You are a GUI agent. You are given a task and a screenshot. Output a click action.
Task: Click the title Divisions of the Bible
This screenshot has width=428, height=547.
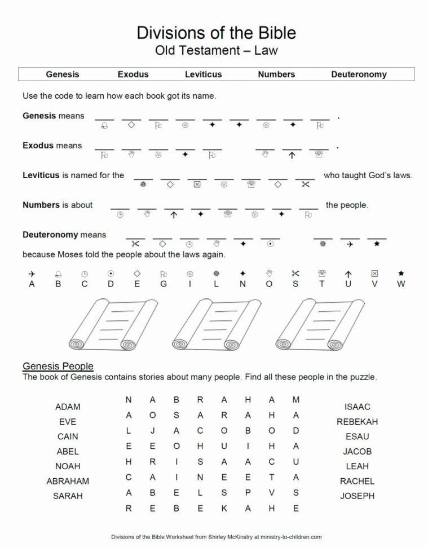(x=216, y=33)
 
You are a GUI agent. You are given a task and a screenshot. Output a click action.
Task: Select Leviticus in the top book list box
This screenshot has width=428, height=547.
(x=203, y=74)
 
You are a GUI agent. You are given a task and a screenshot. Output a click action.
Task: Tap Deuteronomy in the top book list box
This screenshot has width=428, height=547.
(x=359, y=74)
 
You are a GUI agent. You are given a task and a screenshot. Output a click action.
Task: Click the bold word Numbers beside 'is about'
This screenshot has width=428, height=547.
(x=41, y=205)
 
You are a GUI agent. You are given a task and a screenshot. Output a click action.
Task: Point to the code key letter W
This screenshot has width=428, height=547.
(x=401, y=284)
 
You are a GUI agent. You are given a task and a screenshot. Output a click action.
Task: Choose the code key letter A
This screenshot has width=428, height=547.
(x=32, y=284)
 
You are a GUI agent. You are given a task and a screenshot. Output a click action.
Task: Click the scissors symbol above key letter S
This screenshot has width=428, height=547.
(x=295, y=273)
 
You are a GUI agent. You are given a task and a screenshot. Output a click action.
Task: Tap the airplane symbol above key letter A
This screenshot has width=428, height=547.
(x=32, y=273)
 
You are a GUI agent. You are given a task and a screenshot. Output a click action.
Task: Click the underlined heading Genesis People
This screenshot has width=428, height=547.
(x=58, y=367)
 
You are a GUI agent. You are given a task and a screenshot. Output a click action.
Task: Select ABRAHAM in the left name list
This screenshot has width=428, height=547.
(x=68, y=481)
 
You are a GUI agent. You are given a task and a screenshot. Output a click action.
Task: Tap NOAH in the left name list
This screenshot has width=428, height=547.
(x=68, y=466)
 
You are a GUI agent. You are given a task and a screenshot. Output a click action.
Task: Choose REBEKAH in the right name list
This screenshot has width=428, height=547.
(x=357, y=421)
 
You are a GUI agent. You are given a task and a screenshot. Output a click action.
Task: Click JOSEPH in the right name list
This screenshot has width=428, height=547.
(x=357, y=496)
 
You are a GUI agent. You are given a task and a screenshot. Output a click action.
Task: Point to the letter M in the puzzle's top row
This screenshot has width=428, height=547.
(x=295, y=400)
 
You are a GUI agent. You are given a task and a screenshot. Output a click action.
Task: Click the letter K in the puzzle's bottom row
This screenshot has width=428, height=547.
(x=224, y=508)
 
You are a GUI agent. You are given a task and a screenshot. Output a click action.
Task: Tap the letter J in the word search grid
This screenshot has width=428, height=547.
(x=153, y=431)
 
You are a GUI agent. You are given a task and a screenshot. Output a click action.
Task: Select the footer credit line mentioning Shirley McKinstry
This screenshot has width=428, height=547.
(x=217, y=537)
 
